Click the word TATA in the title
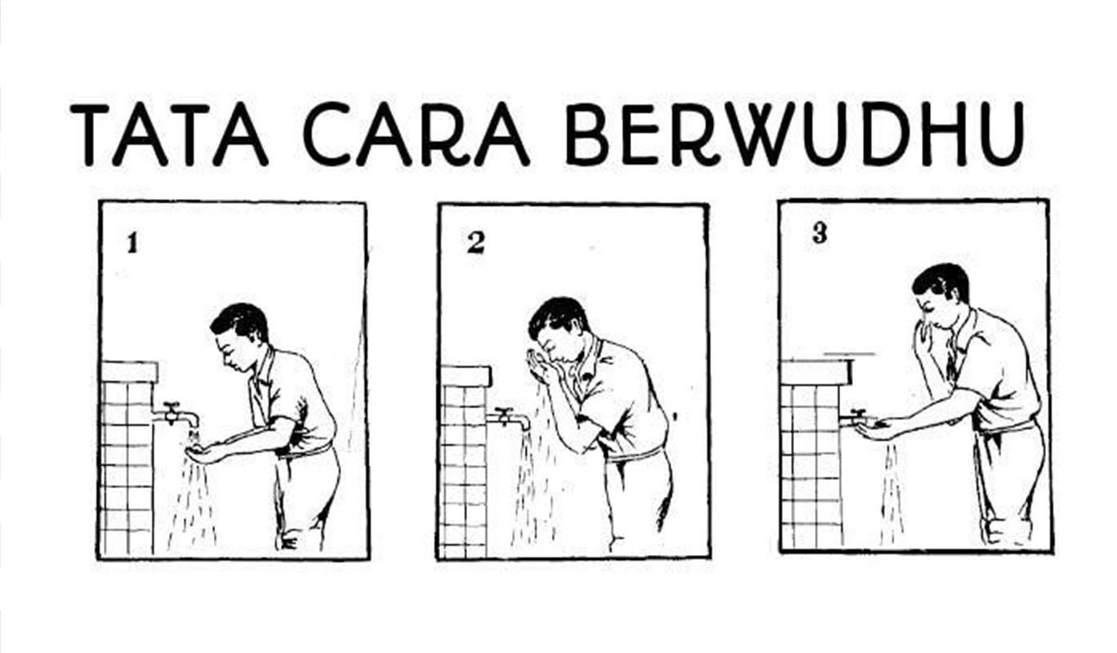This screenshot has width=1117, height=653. pyautogui.click(x=170, y=135)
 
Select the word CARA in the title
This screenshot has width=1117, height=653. pyautogui.click(x=416, y=135)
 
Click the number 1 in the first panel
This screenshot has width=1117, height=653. pyautogui.click(x=132, y=244)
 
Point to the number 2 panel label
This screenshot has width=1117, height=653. pyautogui.click(x=475, y=244)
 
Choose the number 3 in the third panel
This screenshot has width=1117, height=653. pyautogui.click(x=819, y=233)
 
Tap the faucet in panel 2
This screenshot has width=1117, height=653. pyautogui.click(x=508, y=418)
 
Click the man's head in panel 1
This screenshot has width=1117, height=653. pyautogui.click(x=240, y=337)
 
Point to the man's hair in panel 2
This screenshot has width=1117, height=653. pyautogui.click(x=559, y=317)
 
